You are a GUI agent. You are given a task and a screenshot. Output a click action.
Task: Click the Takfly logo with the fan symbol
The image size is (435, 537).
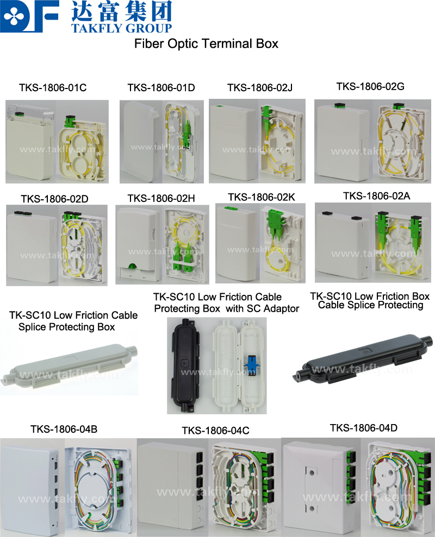click(29, 16)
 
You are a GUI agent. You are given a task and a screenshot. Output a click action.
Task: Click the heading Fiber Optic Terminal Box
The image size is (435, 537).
click(206, 44)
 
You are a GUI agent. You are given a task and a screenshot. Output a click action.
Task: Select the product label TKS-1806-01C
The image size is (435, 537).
click(53, 87)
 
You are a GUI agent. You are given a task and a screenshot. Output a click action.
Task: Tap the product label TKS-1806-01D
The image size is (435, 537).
click(161, 87)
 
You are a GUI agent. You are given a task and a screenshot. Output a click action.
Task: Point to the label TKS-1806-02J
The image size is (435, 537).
click(260, 88)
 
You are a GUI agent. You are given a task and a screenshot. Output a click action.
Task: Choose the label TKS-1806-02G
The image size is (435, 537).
click(370, 86)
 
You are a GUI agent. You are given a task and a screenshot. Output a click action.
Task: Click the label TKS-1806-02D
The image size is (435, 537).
click(54, 199)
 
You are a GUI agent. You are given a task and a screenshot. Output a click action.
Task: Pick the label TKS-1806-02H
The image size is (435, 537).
click(161, 198)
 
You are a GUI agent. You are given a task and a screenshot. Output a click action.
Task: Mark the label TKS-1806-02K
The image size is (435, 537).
click(262, 197)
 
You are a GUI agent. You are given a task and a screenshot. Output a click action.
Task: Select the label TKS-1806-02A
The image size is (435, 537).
click(377, 196)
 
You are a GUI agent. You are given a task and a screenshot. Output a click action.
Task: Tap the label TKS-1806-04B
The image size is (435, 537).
click(64, 429)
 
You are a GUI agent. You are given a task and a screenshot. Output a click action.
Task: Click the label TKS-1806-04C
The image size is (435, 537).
click(215, 431)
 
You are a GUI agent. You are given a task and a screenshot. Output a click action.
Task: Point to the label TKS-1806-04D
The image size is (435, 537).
click(364, 428)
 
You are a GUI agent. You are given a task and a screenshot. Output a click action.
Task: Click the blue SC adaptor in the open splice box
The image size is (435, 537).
click(252, 364)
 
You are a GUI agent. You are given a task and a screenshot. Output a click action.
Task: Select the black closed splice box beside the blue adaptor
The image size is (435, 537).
click(185, 365)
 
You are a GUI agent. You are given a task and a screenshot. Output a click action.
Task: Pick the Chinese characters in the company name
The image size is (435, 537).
click(121, 11)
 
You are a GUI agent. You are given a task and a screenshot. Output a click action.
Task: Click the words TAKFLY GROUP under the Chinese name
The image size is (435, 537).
click(121, 28)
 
